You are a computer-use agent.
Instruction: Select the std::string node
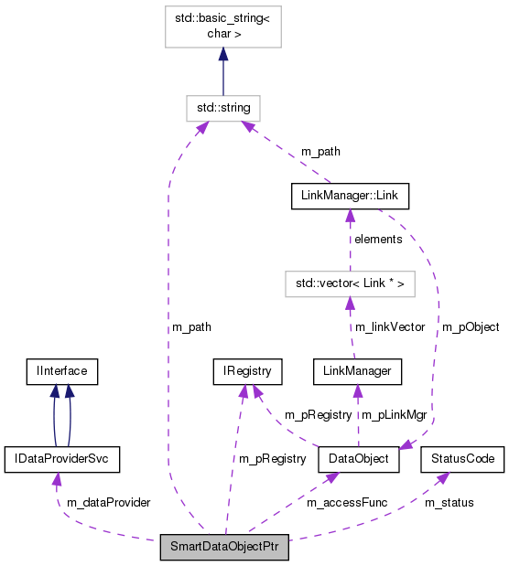click(x=222, y=108)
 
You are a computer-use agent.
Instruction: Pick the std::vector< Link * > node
click(x=349, y=283)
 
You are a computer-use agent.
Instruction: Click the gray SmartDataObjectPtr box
click(x=225, y=547)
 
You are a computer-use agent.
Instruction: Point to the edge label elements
click(x=378, y=240)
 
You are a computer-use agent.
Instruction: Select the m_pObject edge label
click(x=471, y=327)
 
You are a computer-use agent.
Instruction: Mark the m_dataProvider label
click(x=108, y=502)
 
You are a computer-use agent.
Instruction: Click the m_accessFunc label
click(x=343, y=502)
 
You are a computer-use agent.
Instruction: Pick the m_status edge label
click(x=449, y=502)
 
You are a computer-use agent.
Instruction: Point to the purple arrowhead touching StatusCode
click(x=442, y=477)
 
